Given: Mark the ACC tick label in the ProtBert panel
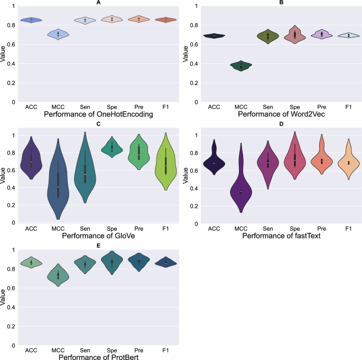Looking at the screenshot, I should [x=31, y=350].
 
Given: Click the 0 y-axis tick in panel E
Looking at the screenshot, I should [x=14, y=345].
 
